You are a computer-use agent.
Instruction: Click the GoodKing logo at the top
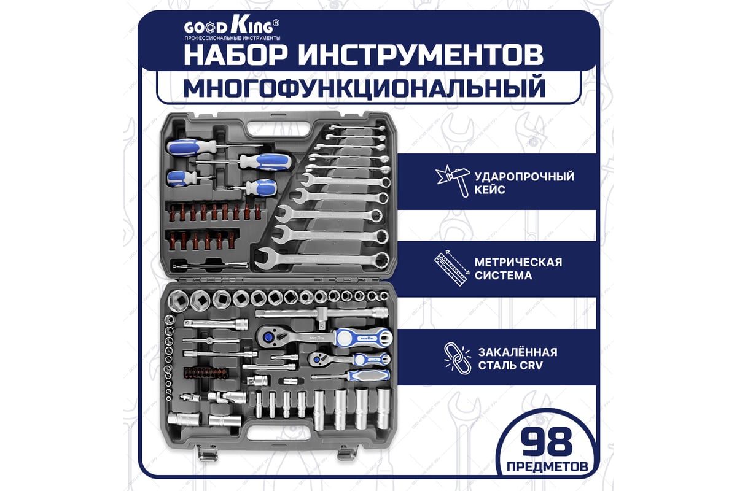232,29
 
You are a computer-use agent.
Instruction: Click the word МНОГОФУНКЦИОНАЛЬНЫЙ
364,87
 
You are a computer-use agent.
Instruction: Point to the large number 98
547,443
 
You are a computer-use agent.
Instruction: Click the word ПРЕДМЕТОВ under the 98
547,466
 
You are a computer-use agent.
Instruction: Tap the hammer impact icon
453,180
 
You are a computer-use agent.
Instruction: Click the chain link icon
458,358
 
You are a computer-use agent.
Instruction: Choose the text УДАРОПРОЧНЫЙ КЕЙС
524,183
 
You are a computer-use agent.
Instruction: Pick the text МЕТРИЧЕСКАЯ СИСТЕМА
518,269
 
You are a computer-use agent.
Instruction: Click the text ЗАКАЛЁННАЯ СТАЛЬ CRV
518,359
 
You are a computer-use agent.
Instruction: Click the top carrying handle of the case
279,129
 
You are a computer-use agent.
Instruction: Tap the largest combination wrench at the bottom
322,260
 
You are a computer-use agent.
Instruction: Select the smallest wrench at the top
357,128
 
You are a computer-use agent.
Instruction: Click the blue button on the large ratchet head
268,337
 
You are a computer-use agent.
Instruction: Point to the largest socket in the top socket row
178,301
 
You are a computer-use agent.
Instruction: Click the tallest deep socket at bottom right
383,409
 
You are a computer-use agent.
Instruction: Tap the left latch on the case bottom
208,452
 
